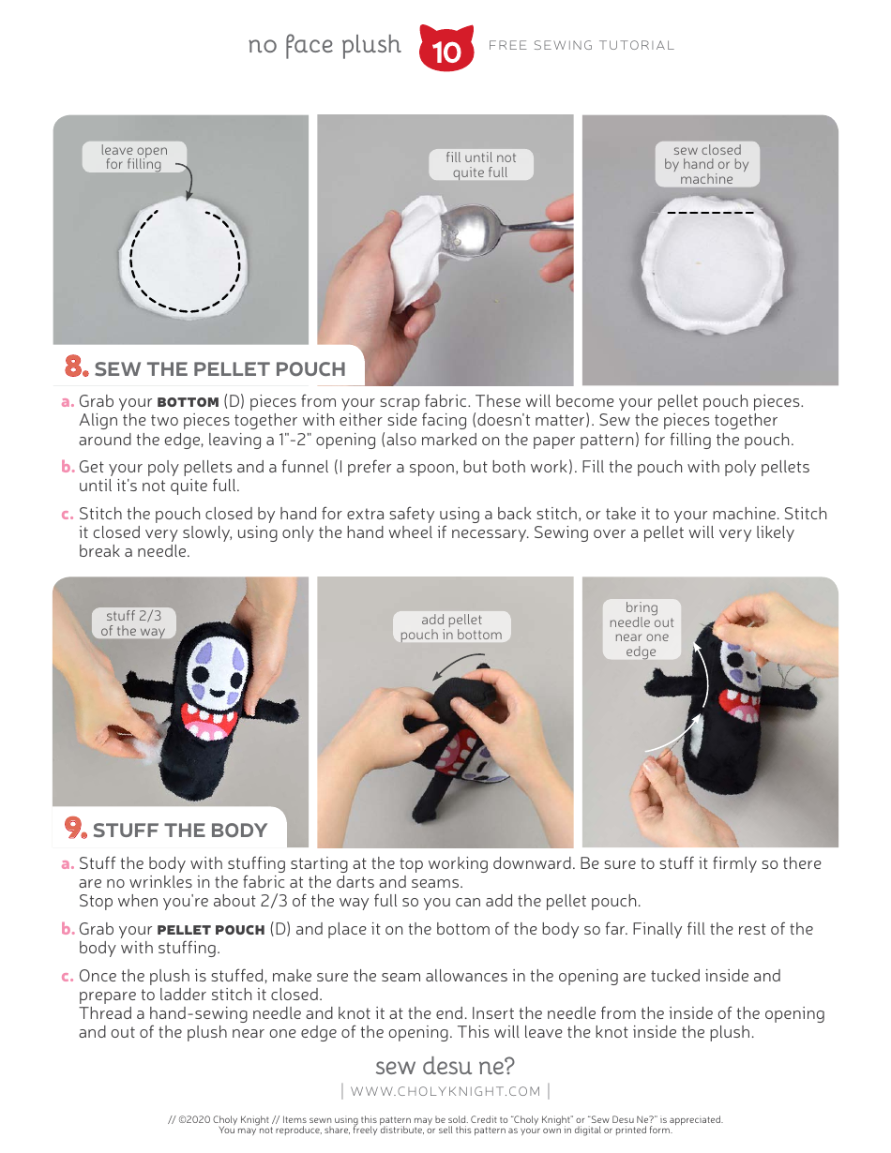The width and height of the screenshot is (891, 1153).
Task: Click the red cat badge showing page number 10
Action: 446,49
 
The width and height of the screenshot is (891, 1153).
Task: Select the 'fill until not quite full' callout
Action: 480,165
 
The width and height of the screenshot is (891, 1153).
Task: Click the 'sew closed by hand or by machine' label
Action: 706,164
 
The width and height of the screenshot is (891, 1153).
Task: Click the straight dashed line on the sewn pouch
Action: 710,213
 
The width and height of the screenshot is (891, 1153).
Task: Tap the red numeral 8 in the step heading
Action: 77,367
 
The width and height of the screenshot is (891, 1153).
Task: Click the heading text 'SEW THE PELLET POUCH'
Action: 219,369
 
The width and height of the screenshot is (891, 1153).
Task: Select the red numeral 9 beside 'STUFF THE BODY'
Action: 76,828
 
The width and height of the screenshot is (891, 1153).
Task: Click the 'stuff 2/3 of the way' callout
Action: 133,623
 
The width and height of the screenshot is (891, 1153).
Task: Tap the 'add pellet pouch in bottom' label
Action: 451,627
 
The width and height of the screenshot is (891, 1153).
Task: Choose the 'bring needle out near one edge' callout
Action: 642,629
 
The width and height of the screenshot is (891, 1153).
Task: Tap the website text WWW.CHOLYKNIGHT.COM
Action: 445,1091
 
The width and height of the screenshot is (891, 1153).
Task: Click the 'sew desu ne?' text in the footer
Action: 445,1066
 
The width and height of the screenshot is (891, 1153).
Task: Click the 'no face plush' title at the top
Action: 325,45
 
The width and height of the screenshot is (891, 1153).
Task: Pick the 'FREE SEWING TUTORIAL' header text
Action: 581,45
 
